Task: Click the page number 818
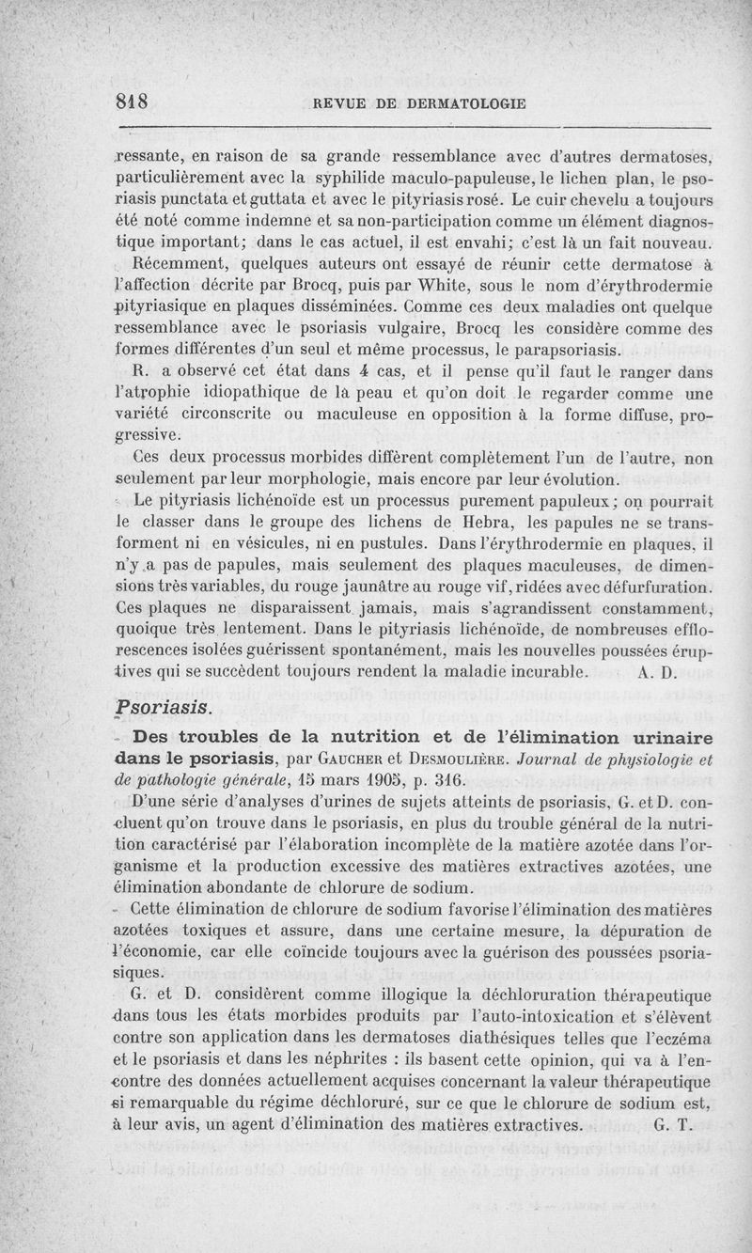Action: (133, 102)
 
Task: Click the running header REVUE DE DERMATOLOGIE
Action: (410, 104)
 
